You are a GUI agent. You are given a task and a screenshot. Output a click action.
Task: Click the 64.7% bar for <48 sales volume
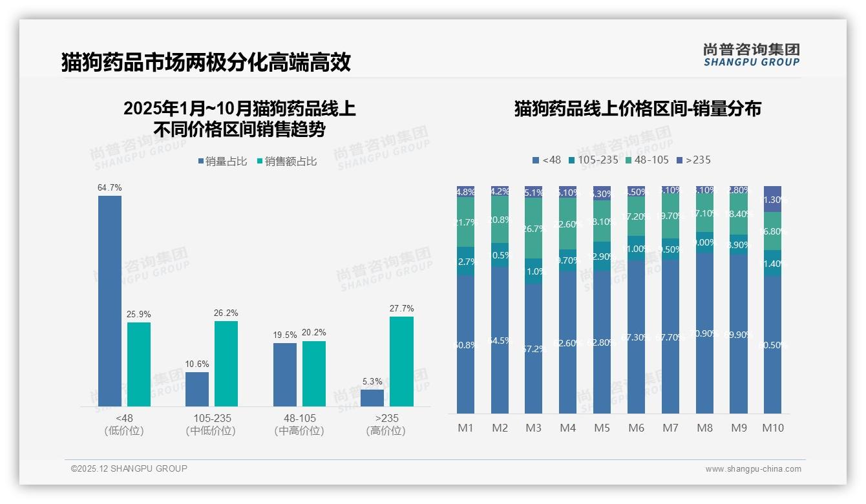click(x=110, y=301)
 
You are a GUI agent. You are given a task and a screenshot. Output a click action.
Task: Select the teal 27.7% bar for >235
click(x=401, y=361)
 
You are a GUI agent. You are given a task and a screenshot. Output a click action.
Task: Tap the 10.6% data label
click(x=197, y=364)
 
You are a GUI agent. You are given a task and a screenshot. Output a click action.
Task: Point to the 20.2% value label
click(x=314, y=333)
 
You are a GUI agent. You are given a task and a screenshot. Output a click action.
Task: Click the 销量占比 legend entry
click(x=223, y=162)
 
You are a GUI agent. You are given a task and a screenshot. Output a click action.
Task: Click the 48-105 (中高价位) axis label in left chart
click(x=299, y=424)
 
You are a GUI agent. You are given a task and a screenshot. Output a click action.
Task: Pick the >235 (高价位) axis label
click(x=386, y=424)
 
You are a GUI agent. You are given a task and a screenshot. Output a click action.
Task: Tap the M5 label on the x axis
click(x=602, y=428)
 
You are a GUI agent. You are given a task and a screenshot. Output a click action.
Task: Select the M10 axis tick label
click(x=773, y=428)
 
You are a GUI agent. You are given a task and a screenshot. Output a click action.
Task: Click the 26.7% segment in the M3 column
click(x=533, y=228)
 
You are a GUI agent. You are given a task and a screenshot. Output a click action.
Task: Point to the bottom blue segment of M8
click(x=704, y=333)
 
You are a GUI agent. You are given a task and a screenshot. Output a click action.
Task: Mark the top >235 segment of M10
click(x=772, y=199)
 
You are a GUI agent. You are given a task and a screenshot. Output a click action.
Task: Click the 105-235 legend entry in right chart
click(x=594, y=160)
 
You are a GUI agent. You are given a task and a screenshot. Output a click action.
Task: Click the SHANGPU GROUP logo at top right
click(x=751, y=55)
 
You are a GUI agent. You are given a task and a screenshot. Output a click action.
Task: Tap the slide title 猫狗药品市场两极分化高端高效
click(x=206, y=62)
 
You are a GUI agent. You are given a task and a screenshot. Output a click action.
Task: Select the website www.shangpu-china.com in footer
click(x=753, y=469)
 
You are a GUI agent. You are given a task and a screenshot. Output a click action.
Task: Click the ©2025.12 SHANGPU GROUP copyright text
click(x=129, y=468)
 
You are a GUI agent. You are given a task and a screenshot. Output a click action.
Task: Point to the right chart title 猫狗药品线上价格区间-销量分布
click(x=637, y=109)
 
